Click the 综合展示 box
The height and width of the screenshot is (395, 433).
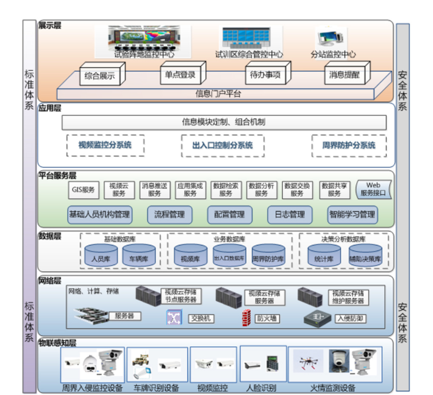click(100, 77)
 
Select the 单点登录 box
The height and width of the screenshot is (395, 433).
click(181, 75)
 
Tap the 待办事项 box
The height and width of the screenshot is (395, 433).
click(266, 75)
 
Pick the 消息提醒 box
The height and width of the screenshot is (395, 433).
click(345, 75)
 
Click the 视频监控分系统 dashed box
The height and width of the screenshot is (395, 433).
click(105, 145)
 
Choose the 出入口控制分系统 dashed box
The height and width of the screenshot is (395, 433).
click(222, 145)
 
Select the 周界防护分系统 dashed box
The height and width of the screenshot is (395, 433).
click(349, 145)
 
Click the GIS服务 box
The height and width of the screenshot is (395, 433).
click(83, 189)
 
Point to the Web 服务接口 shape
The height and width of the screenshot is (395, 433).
click(373, 189)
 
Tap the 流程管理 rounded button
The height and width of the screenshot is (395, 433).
click(169, 215)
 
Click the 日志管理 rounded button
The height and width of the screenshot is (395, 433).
click(290, 215)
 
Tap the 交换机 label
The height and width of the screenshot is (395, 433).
click(201, 318)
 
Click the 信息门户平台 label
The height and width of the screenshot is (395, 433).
click(218, 94)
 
